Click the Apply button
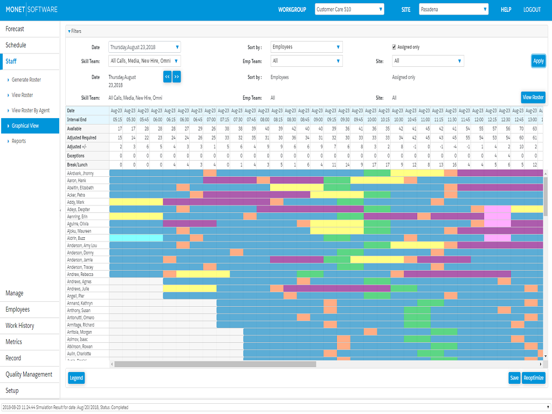pos(538,61)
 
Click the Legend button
pos(77,378)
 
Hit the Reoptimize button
pos(533,378)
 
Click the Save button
pos(514,378)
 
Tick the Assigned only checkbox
pos(394,47)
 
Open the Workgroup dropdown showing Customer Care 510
pos(349,9)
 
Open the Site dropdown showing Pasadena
pos(453,9)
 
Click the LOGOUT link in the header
pos(532,10)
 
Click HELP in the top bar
pos(506,10)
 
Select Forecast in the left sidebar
pos(15,29)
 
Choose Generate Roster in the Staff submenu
pos(26,80)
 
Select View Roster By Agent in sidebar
pos(31,111)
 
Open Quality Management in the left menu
pos(29,374)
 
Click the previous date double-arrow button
pos(167,77)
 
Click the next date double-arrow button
pos(176,77)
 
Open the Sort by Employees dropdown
pos(306,47)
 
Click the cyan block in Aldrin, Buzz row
pos(136,238)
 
